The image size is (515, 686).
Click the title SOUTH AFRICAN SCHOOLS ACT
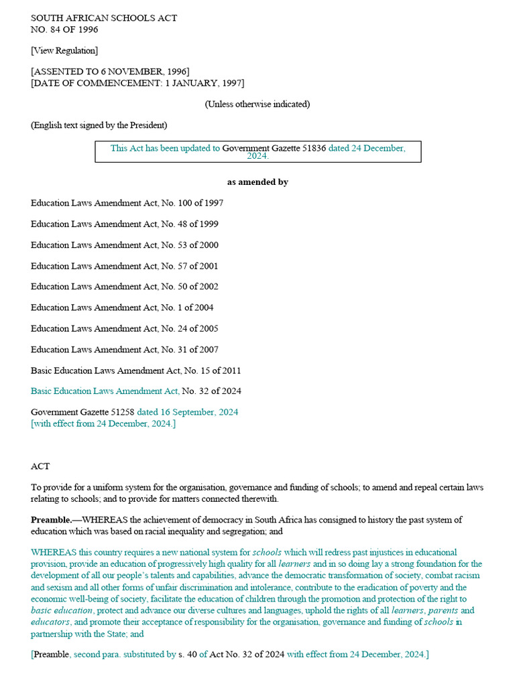coord(104,18)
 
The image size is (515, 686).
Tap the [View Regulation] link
coord(64,50)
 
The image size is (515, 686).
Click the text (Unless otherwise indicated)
coord(257,104)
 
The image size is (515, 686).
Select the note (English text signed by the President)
coord(99,125)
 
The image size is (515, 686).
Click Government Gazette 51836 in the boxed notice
coord(274,148)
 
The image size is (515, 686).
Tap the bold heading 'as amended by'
coord(257,182)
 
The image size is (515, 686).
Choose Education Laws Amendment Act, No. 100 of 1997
coord(127,203)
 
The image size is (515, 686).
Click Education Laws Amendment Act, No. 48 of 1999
coord(124,224)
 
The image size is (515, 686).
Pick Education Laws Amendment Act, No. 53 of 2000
coord(124,245)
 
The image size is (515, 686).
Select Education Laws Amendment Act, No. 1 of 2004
coord(122,307)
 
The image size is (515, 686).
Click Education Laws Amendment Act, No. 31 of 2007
coord(124,350)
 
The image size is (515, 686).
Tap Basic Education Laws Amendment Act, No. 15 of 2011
coord(136,370)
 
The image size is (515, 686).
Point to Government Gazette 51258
coord(82,412)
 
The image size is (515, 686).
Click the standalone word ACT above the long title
coord(40,466)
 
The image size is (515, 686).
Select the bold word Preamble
coord(51,520)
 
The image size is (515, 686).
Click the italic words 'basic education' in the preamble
coord(62,610)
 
